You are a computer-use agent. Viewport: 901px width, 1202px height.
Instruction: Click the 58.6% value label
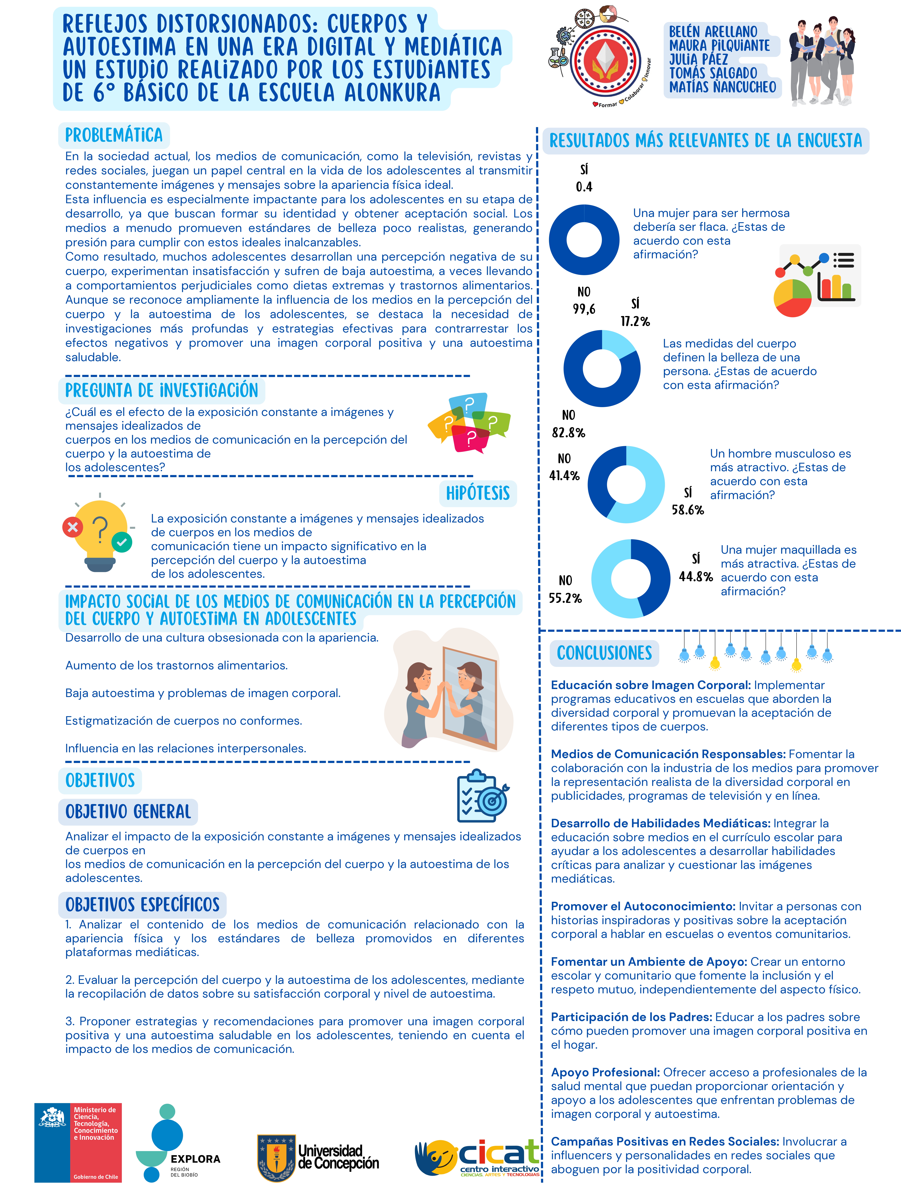pyautogui.click(x=688, y=510)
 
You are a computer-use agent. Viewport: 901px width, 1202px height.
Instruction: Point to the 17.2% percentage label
pyautogui.click(x=635, y=321)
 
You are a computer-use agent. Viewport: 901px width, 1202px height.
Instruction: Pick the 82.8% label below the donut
pyautogui.click(x=568, y=433)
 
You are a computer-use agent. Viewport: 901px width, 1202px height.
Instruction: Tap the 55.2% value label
pyautogui.click(x=565, y=598)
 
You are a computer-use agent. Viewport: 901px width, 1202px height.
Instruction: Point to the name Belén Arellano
pyautogui.click(x=713, y=32)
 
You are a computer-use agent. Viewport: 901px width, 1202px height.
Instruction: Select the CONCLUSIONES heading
pyautogui.click(x=604, y=653)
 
